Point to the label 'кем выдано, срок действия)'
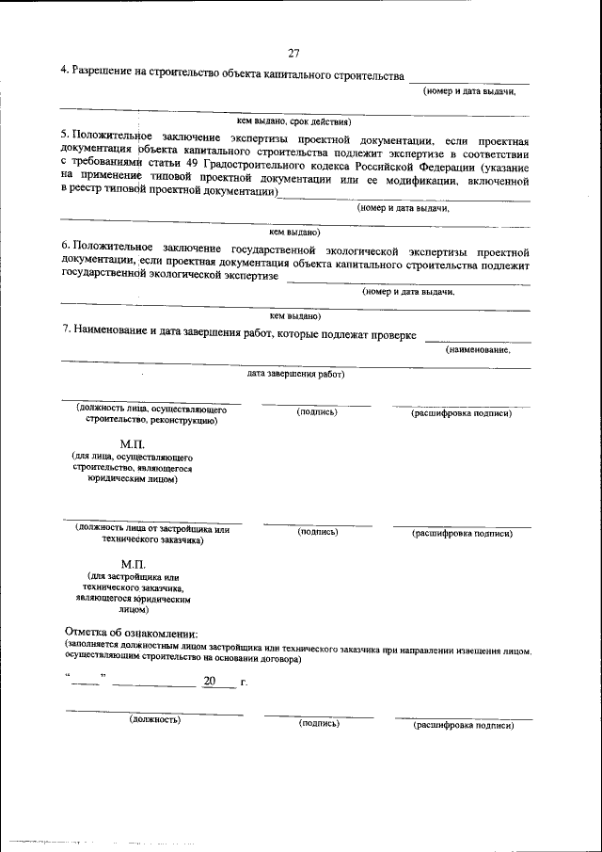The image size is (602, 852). tap(293, 121)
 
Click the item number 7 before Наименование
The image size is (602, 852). tap(65, 332)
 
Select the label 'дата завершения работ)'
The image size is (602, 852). tap(295, 374)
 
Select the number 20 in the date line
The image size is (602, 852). tap(209, 681)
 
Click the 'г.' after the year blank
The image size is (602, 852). tap(244, 682)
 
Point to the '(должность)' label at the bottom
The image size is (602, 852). tap(154, 719)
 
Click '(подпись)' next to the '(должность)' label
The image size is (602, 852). tap(318, 723)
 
